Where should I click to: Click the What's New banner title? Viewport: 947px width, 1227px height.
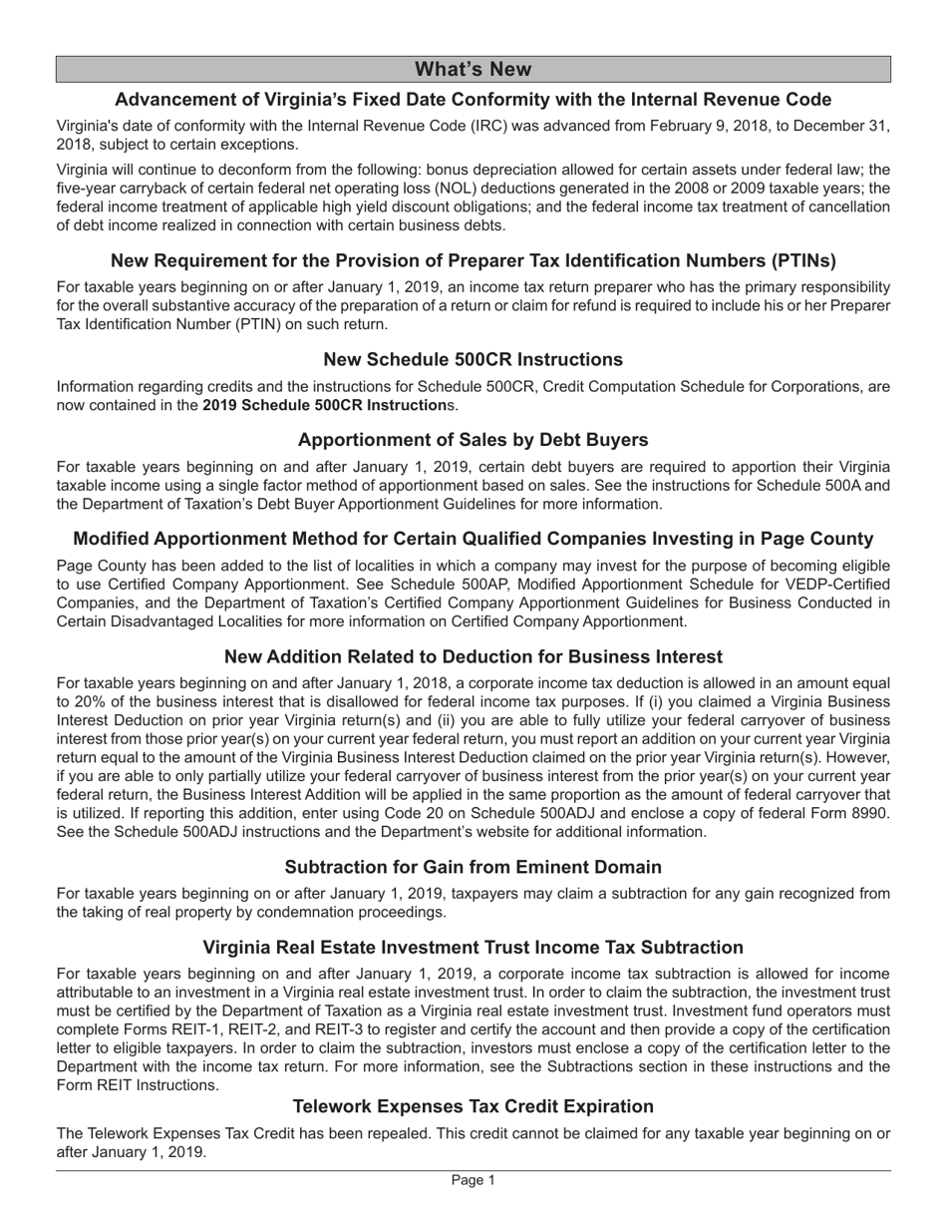[473, 69]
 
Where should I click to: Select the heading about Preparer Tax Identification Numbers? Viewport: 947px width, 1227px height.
[473, 260]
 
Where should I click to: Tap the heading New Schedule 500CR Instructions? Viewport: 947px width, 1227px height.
[473, 359]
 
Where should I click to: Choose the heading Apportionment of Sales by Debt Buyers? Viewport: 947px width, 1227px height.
[473, 440]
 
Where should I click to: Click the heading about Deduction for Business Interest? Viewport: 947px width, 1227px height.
[473, 656]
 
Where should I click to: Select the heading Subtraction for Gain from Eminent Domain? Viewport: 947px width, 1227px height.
[473, 867]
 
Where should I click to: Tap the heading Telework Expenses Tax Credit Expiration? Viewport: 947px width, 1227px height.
[473, 1106]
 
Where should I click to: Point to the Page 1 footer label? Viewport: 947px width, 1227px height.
[473, 1180]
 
